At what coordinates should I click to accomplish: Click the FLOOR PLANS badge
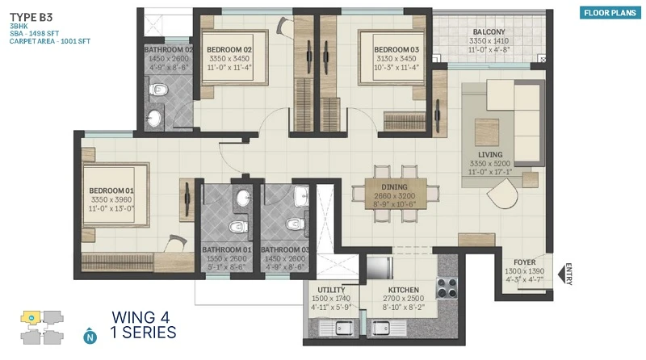(610, 13)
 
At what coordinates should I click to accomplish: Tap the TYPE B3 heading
(31, 17)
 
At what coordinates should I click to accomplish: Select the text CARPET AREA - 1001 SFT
(50, 41)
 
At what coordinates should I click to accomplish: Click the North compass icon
(90, 336)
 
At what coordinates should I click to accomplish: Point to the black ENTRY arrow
(561, 274)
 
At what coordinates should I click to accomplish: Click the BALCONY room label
(489, 31)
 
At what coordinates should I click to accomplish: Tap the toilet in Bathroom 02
(158, 89)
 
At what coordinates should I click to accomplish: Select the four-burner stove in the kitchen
(447, 288)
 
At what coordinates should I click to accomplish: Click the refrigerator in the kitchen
(380, 268)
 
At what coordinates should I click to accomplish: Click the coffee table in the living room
(487, 132)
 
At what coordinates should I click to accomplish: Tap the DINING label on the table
(394, 187)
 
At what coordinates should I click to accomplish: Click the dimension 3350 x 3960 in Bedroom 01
(111, 199)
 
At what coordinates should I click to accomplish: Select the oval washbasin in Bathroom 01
(244, 199)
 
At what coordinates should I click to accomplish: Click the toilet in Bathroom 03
(296, 224)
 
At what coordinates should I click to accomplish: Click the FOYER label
(524, 262)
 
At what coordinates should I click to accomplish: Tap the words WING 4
(141, 317)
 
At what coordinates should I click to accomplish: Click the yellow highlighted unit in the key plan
(31, 317)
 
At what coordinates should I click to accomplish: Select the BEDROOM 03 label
(396, 49)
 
